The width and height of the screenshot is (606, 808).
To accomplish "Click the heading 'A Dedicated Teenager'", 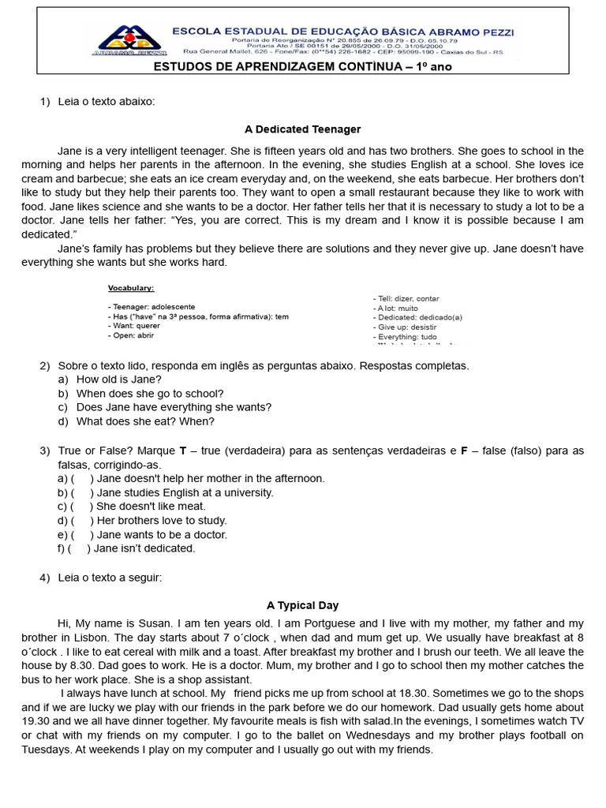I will [x=302, y=129].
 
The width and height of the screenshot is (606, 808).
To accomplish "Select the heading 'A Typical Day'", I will [x=302, y=605].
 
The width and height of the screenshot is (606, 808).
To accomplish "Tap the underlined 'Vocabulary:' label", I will [x=131, y=288].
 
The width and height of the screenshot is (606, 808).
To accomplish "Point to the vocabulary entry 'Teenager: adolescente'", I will [x=151, y=306].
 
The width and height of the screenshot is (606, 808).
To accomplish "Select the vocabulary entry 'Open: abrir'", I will [x=131, y=335].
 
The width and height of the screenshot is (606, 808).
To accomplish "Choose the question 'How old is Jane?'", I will [x=118, y=379].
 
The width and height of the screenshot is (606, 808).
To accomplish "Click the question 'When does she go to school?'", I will [x=150, y=393].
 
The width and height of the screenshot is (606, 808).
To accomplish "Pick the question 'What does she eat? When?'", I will [x=145, y=421].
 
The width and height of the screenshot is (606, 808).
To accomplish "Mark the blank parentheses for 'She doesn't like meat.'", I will [x=82, y=506].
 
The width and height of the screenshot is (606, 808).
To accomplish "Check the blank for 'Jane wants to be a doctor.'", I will [x=82, y=534].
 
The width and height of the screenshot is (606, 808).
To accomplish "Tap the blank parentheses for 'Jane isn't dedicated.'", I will [x=79, y=548].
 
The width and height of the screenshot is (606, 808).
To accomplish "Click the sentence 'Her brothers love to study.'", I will [x=161, y=520].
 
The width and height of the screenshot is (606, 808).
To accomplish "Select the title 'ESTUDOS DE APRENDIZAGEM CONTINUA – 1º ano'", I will [x=302, y=66].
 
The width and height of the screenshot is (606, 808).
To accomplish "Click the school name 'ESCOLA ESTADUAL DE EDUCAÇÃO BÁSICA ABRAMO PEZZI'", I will [x=343, y=32].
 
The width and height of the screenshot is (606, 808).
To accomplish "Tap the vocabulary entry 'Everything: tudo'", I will [x=407, y=336].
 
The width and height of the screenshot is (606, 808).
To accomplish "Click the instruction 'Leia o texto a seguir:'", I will [x=110, y=577].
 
